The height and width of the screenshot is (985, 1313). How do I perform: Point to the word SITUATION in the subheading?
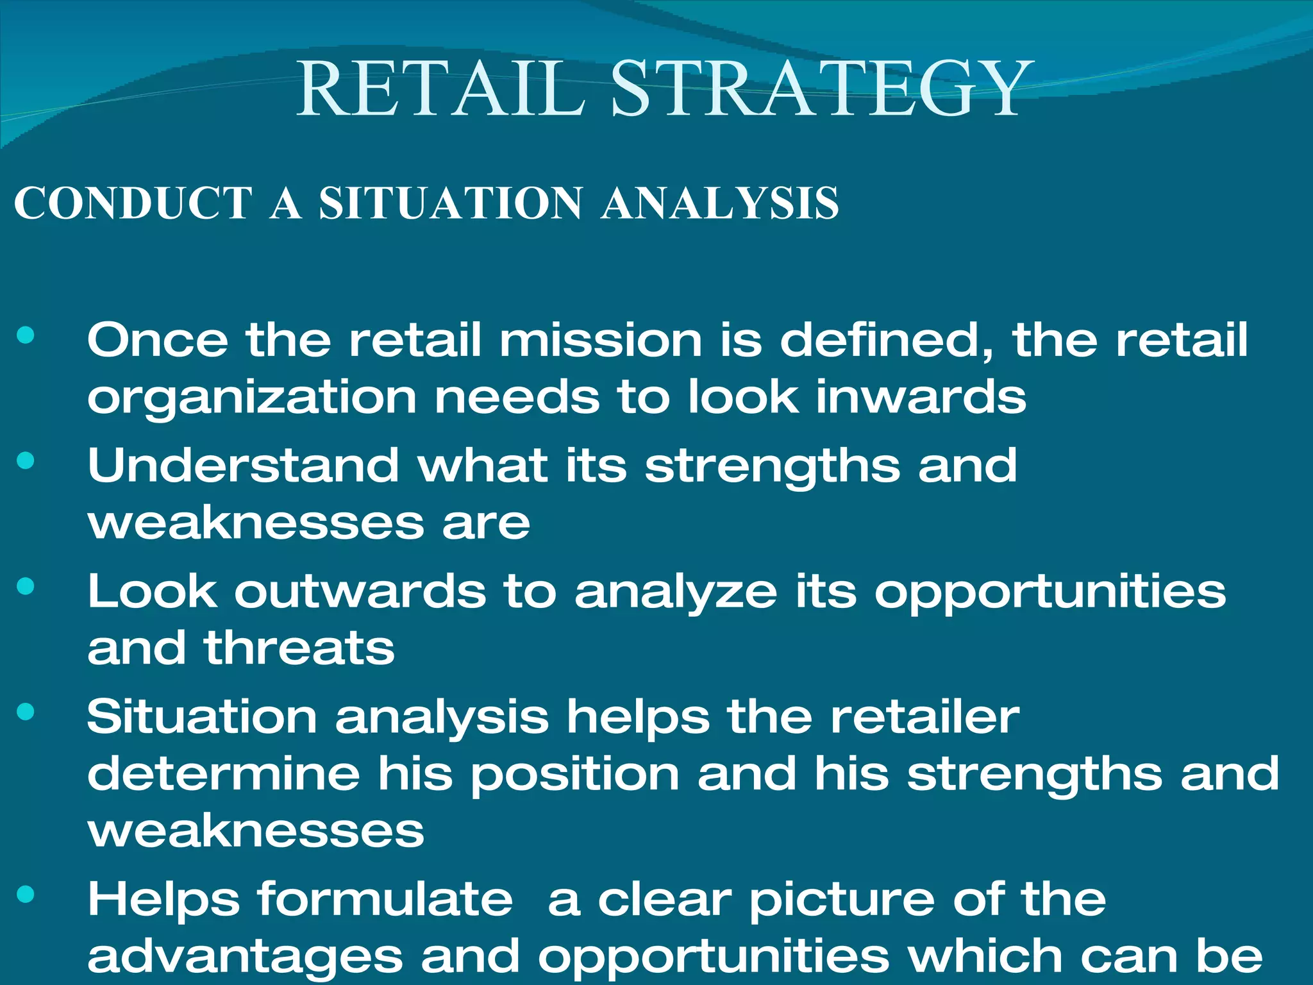(x=451, y=203)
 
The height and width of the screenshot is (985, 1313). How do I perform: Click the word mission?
(x=600, y=340)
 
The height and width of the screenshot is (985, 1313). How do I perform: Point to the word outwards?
(x=360, y=591)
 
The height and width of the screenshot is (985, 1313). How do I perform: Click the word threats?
(x=299, y=648)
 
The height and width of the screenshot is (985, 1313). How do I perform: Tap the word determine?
(x=224, y=773)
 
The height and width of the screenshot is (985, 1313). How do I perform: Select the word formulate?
(x=385, y=899)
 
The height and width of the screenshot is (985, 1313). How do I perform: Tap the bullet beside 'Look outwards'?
(x=26, y=586)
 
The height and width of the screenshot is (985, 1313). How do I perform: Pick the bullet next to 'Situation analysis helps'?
(x=26, y=711)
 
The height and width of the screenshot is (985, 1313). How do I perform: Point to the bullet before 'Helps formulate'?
(x=26, y=894)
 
